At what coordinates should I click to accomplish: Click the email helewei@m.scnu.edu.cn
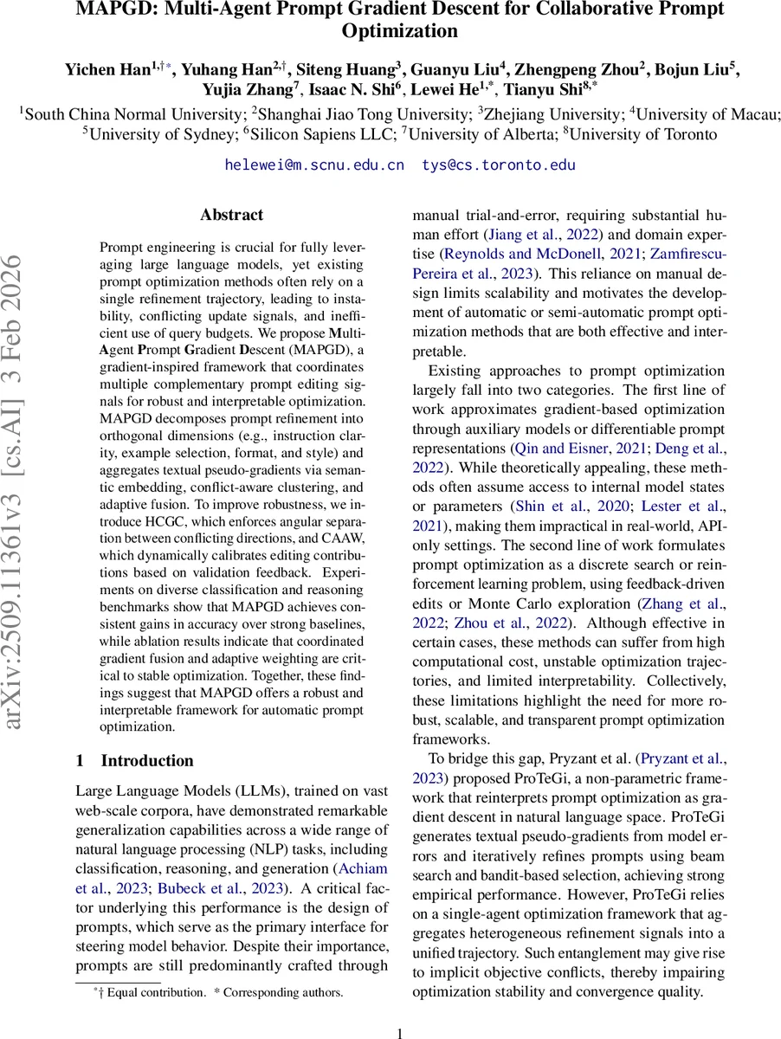314,165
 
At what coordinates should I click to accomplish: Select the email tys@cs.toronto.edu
499,165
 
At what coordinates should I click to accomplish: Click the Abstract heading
231,215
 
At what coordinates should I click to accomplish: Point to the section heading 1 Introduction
135,761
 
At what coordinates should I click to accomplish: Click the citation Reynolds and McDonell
532,255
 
